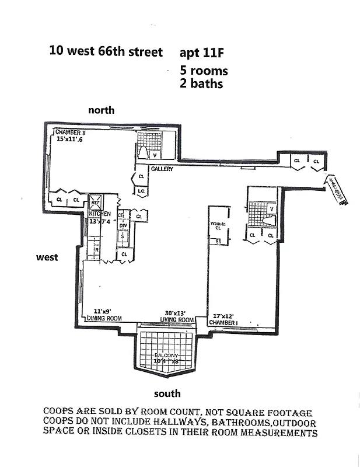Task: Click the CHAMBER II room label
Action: coord(71,133)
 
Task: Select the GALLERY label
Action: coord(162,169)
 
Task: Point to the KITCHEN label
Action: coord(99,214)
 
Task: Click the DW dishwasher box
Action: coord(123,226)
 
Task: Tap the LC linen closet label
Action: coord(141,191)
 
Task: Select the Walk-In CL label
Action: coord(217,225)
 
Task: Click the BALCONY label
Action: coord(166,356)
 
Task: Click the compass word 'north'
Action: coord(101,110)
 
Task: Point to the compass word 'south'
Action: coord(167,393)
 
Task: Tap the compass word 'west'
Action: coord(47,257)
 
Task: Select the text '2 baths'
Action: coord(202,83)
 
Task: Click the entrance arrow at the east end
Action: coord(337,190)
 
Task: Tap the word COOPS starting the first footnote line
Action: coord(58,412)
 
